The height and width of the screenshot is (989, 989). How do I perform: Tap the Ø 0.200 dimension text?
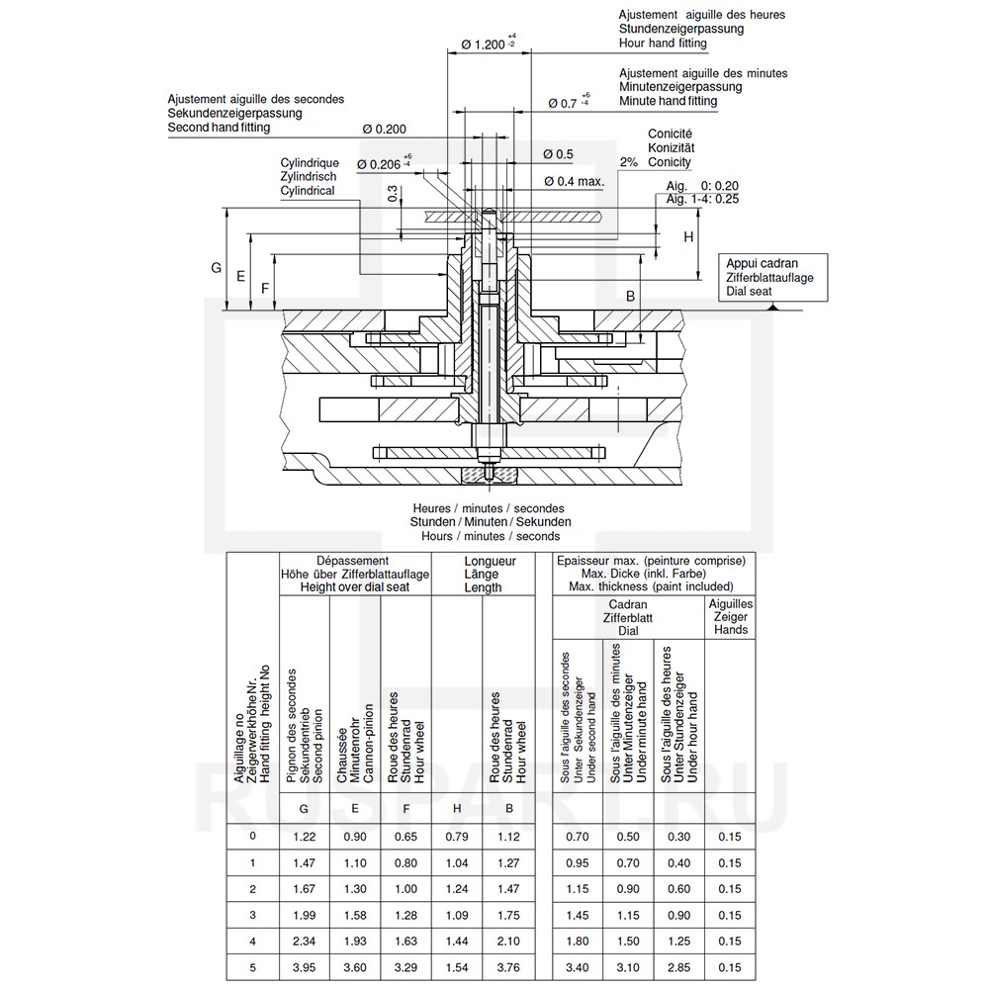[384, 130]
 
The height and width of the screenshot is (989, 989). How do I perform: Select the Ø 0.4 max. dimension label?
[574, 182]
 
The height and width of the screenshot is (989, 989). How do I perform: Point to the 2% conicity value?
[629, 162]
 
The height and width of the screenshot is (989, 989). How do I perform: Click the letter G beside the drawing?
[216, 268]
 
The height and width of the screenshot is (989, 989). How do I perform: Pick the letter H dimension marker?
[688, 237]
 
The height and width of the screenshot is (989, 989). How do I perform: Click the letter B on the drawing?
[630, 297]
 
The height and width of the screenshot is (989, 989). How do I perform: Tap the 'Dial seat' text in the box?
[749, 292]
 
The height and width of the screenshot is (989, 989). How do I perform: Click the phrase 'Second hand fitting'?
[219, 128]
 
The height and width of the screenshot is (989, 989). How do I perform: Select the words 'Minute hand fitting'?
[668, 101]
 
